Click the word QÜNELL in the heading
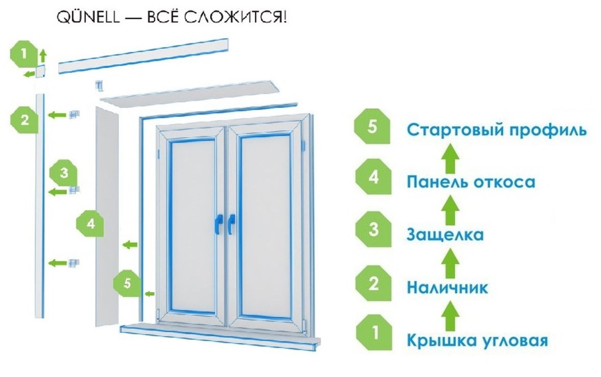88,18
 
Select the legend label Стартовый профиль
496,130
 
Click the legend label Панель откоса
471,182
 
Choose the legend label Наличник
447,288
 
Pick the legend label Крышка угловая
477,341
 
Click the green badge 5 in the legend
372,126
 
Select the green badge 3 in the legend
374,229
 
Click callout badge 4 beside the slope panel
90,224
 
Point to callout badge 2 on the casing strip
25,120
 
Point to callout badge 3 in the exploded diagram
64,173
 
